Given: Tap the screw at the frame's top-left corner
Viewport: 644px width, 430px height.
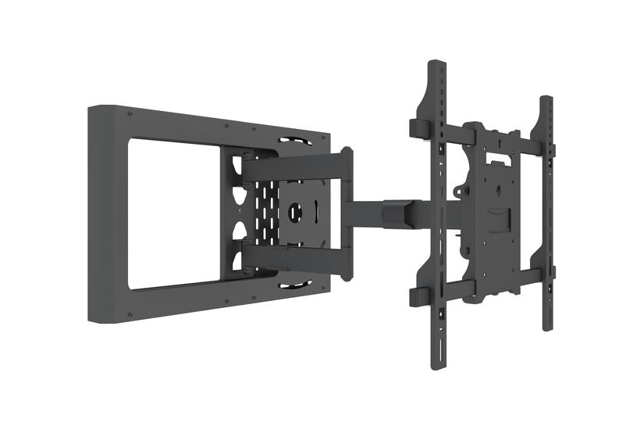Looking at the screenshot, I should [x=130, y=115].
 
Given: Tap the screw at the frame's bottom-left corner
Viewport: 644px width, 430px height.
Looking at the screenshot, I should [x=129, y=310].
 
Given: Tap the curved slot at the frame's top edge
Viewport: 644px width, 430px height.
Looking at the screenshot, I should [x=290, y=142].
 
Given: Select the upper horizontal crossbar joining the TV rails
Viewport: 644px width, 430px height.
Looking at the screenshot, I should [x=500, y=141].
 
